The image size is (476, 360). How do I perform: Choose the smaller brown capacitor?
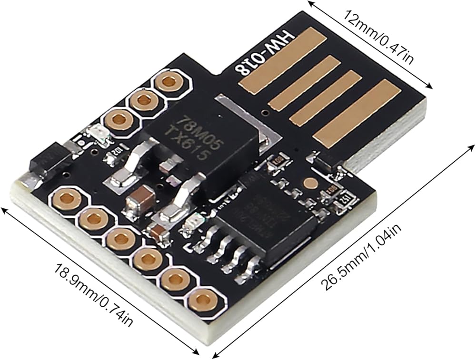coord(157,232)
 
